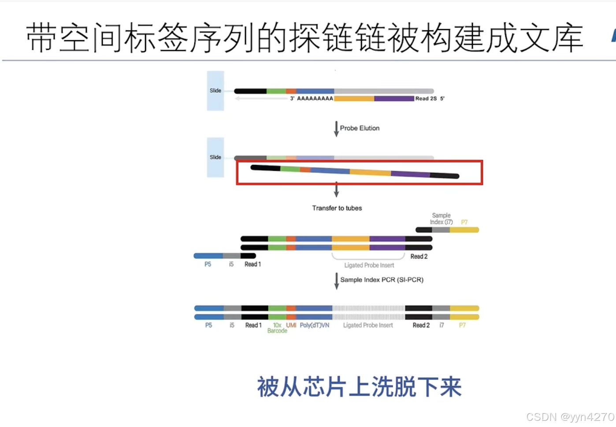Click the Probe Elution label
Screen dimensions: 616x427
pyautogui.click(x=360, y=128)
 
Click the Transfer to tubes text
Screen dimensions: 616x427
pyautogui.click(x=337, y=208)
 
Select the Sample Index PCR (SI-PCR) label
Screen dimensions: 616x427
pyautogui.click(x=382, y=280)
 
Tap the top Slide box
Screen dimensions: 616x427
pyautogui.click(x=215, y=90)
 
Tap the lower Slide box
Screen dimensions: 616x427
pyautogui.click(x=215, y=157)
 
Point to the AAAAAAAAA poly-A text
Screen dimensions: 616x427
pyautogui.click(x=315, y=98)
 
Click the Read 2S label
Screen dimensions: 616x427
pyautogui.click(x=426, y=98)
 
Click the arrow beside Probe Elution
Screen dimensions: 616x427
pyautogui.click(x=336, y=128)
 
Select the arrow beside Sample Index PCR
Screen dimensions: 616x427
pyautogui.click(x=337, y=281)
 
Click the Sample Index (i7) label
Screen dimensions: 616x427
pyautogui.click(x=441, y=219)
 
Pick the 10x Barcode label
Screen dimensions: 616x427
pyautogui.click(x=277, y=328)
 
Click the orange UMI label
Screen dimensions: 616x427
pyautogui.click(x=291, y=325)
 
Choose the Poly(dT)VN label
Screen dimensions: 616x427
pyautogui.click(x=314, y=325)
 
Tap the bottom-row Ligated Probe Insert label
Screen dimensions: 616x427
pyautogui.click(x=368, y=325)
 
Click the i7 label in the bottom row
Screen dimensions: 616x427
pyautogui.click(x=442, y=325)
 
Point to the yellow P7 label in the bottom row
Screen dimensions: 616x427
pyautogui.click(x=462, y=325)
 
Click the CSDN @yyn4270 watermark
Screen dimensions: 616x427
pyautogui.click(x=570, y=417)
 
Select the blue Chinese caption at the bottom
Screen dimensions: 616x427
pyautogui.click(x=359, y=387)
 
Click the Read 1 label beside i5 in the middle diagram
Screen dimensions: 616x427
pyautogui.click(x=252, y=264)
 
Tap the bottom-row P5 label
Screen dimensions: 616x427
pyautogui.click(x=208, y=325)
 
